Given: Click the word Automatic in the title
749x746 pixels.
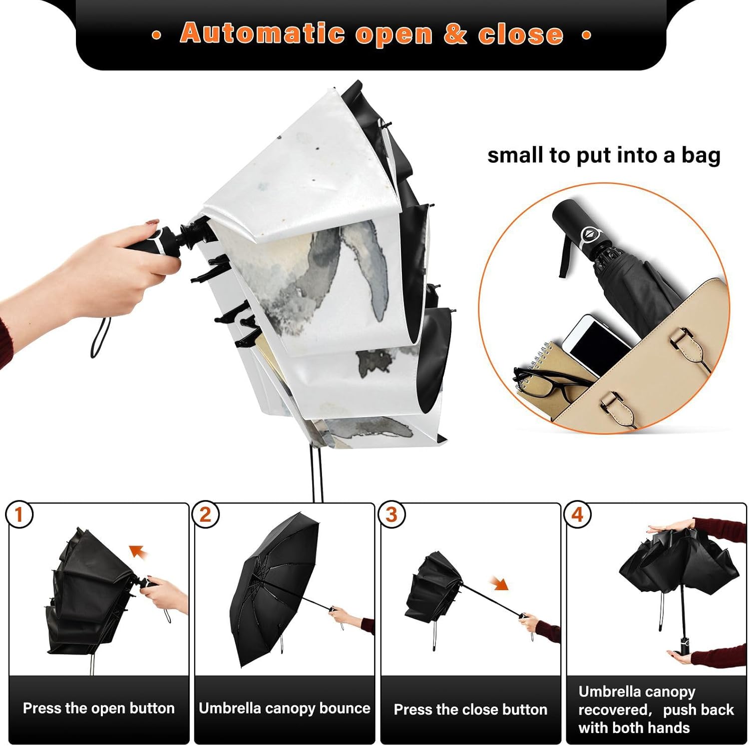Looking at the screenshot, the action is tap(262, 33).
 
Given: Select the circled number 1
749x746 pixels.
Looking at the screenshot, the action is tap(19, 515).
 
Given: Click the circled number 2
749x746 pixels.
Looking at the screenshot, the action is tap(205, 515).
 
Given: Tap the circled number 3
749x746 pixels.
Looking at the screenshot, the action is tap(391, 515).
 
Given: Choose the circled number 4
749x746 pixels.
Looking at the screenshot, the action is tap(578, 515).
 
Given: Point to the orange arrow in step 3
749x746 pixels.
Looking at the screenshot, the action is tap(499, 583).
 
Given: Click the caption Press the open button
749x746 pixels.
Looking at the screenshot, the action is tap(99, 708).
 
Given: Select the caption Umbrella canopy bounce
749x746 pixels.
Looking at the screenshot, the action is tap(285, 708).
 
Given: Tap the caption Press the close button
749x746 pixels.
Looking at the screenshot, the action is tap(470, 710).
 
